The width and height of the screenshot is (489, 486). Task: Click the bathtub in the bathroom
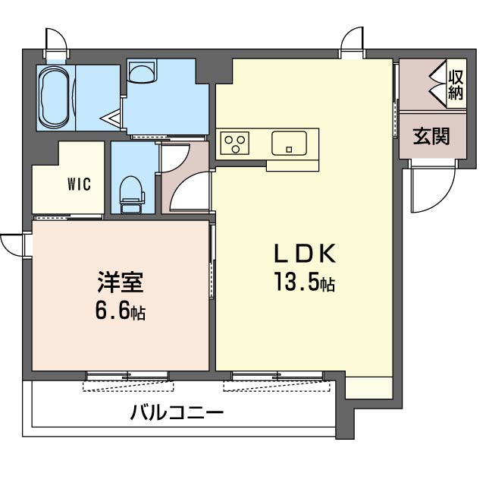tap(55, 98)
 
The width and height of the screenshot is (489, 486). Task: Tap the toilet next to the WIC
tap(132, 194)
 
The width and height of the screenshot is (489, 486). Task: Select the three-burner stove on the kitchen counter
tap(234, 143)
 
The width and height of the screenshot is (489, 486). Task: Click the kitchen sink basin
tap(289, 143)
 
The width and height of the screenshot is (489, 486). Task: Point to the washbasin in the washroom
tap(142, 71)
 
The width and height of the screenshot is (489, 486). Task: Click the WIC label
tap(79, 185)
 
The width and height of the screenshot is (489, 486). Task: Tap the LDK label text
tap(305, 253)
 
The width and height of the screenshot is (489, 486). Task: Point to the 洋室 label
tap(121, 282)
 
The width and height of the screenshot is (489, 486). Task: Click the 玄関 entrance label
tap(431, 136)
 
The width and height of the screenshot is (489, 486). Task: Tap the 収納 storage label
tap(456, 85)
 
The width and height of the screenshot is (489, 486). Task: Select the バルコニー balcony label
tap(177, 412)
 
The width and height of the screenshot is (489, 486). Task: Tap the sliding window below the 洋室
tap(127, 376)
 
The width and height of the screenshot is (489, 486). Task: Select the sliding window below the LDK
tap(277, 376)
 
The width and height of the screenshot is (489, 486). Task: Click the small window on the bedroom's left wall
tap(27, 245)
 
